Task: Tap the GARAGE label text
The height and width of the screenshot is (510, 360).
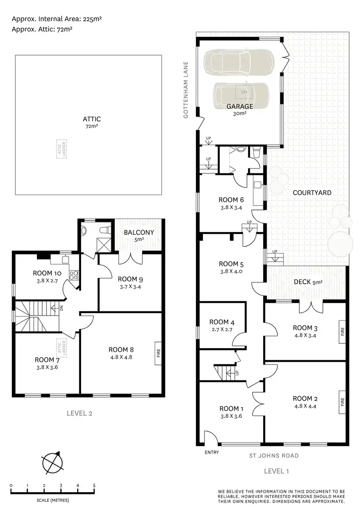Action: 240,107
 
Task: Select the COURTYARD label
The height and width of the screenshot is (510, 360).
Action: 312,192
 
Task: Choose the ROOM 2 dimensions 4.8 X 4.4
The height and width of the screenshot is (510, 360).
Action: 305,406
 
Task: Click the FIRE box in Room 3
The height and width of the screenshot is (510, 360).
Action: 342,331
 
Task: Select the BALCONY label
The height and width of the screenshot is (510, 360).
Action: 139,232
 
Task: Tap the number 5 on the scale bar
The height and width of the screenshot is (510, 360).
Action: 94,486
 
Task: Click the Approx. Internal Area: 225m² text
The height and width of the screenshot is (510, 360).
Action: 57,19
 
